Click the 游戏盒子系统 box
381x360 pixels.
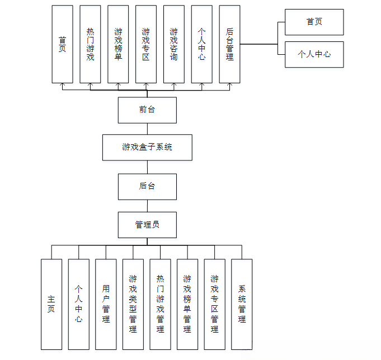147,148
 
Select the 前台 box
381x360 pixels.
147,110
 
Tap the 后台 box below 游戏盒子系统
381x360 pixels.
147,187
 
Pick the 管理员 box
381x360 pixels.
147,225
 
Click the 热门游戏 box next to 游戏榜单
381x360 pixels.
90,44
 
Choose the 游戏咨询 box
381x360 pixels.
174,44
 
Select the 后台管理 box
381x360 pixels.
229,44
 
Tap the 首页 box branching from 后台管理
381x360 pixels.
314,22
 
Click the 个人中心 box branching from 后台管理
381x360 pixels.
314,54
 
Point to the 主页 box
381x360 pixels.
51,305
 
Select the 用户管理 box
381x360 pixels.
106,305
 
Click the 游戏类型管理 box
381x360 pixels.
133,305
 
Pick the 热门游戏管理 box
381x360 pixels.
161,305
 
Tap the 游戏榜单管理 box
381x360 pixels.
187,305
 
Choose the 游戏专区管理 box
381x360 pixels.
215,305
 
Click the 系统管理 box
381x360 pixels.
242,305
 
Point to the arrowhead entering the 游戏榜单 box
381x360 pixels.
118,86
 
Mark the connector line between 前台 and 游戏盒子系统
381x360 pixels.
147,129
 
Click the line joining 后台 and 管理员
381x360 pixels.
147,206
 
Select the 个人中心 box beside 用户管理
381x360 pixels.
79,305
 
